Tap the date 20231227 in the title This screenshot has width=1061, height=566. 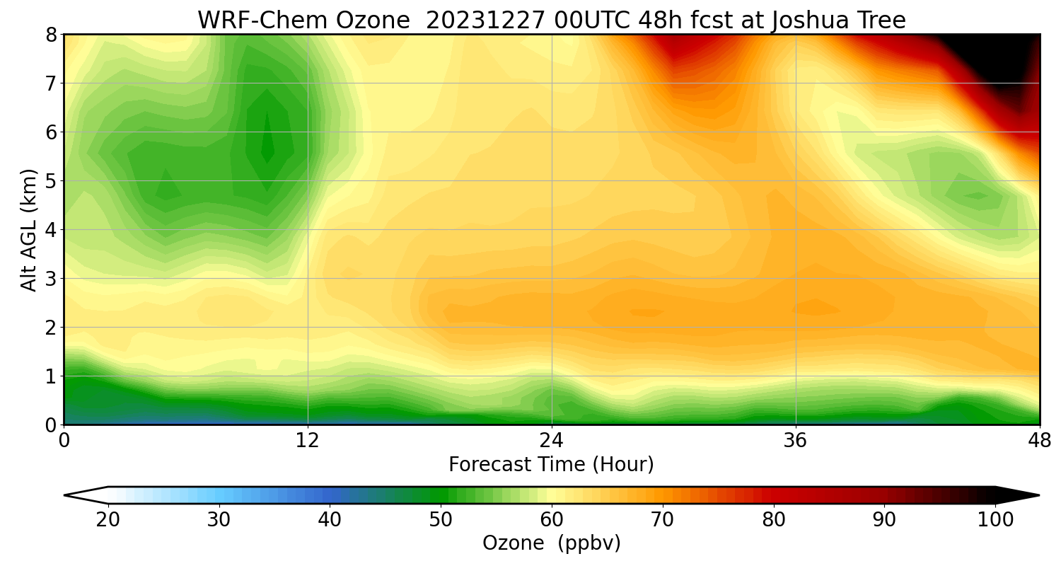[x=486, y=21]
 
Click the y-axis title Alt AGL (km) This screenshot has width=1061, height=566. [x=29, y=229]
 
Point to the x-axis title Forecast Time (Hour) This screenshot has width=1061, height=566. [x=551, y=465]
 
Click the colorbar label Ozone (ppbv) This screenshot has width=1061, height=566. [x=551, y=543]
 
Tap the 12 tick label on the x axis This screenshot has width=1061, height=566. [x=308, y=441]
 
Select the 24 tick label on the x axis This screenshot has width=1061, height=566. [x=551, y=441]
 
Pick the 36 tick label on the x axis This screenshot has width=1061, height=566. [x=796, y=441]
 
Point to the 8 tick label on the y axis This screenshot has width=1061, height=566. [x=51, y=35]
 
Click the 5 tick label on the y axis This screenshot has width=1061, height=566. [x=51, y=181]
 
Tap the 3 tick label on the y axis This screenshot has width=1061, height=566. [x=51, y=279]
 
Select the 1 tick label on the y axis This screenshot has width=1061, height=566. [x=51, y=376]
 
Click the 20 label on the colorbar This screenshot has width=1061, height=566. [x=108, y=520]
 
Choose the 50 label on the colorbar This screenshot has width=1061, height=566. [x=441, y=520]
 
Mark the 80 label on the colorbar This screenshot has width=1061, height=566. [x=773, y=520]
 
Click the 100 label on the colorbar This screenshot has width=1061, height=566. [x=995, y=520]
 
